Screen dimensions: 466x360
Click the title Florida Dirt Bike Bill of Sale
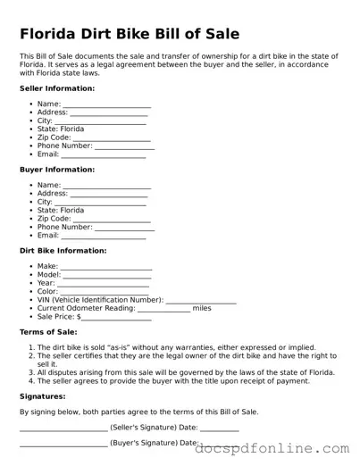tap(129, 35)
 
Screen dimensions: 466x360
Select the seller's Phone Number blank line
tap(124, 146)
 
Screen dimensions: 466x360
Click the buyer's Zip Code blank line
tap(112, 219)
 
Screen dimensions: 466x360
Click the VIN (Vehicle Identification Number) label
tap(100, 300)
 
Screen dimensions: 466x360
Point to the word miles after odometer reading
tap(202, 308)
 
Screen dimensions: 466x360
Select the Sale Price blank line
tap(117, 317)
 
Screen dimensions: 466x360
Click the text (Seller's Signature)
tap(144, 427)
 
